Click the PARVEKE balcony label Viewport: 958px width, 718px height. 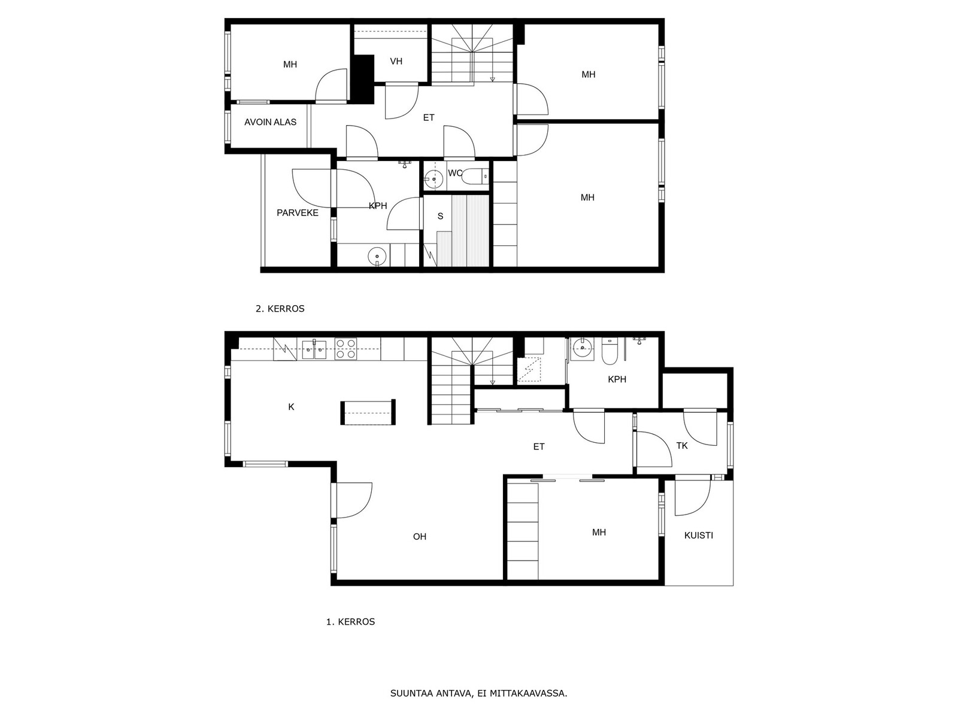click(x=297, y=213)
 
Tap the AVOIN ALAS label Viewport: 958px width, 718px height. click(x=270, y=122)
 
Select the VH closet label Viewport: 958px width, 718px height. click(x=396, y=62)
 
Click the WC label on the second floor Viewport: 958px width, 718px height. click(x=455, y=173)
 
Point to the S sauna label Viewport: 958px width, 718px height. click(x=440, y=216)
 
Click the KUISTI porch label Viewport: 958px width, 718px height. click(x=698, y=536)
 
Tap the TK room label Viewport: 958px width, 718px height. click(x=682, y=446)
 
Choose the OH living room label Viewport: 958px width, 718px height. click(x=420, y=537)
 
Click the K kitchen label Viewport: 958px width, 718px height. click(x=291, y=407)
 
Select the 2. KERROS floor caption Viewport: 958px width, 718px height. click(x=280, y=309)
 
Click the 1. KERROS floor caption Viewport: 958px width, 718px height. click(x=350, y=622)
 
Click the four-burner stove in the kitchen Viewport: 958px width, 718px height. click(x=345, y=349)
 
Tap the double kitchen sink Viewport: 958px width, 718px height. click(x=314, y=349)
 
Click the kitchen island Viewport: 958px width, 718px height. click(x=368, y=412)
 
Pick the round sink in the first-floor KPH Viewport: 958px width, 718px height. click(x=582, y=348)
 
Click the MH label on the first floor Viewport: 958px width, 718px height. click(x=599, y=533)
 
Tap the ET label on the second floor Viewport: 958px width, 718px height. click(x=429, y=118)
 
